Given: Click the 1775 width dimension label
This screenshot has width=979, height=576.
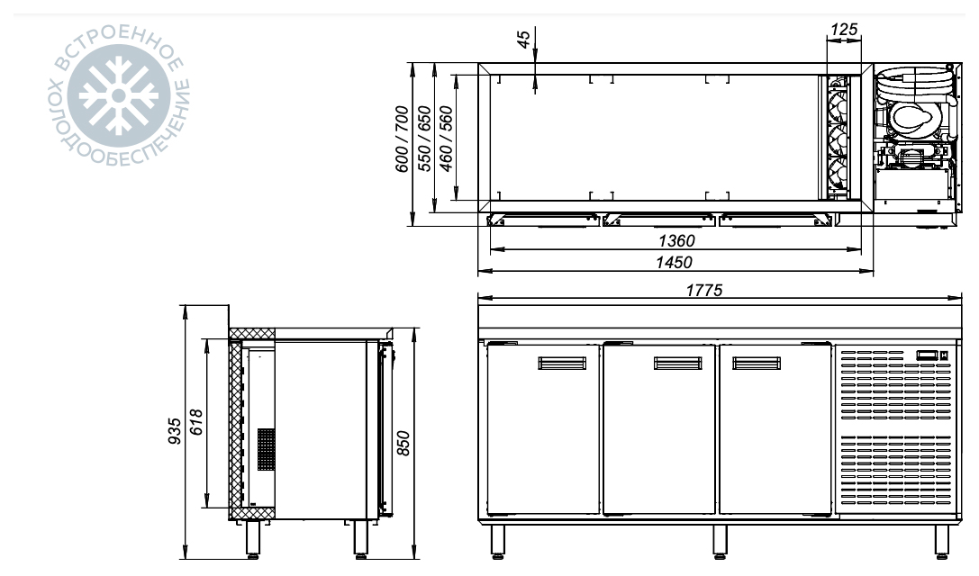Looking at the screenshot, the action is [703, 290].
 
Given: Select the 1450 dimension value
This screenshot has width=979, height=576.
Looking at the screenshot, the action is [674, 262].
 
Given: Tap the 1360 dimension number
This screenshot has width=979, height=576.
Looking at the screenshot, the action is [676, 240].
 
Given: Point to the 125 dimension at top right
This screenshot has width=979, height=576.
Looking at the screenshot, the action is [844, 30].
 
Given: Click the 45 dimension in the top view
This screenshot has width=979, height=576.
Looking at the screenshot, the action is [524, 39].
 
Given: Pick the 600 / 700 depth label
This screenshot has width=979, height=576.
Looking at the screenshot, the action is [402, 139].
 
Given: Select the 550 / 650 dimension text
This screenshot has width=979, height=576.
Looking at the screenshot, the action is [424, 139].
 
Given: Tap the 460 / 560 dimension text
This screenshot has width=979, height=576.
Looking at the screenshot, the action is [446, 139].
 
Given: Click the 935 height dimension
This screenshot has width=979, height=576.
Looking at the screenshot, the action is [175, 431].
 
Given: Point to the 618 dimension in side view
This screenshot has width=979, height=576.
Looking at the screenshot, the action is [196, 422].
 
